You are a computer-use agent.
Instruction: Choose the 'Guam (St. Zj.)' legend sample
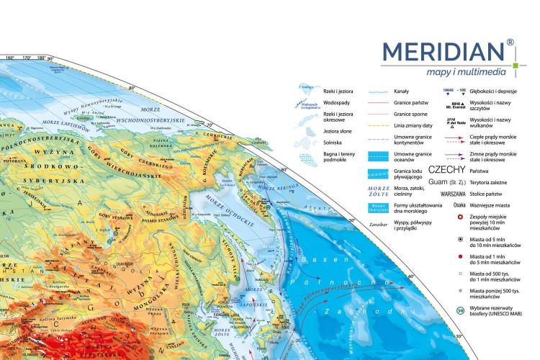pyautogui.click(x=449, y=182)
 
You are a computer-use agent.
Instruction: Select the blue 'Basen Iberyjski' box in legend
pyautogui.click(x=378, y=209)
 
